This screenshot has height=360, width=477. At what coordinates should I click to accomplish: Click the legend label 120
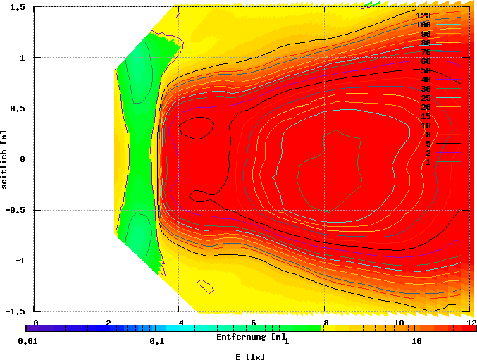tap(423, 15)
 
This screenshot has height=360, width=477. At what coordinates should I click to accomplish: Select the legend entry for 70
tap(426, 52)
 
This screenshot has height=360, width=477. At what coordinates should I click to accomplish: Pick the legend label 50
tap(426, 70)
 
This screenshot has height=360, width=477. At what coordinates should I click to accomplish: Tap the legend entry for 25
tap(426, 98)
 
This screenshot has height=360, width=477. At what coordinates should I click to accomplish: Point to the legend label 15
tap(426, 116)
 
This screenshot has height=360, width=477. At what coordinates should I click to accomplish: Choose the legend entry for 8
tap(428, 135)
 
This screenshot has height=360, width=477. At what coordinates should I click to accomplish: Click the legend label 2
tap(428, 153)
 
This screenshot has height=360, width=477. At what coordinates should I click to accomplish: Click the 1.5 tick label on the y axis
tap(18, 7)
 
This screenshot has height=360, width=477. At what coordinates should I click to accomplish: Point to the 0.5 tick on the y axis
tap(18, 108)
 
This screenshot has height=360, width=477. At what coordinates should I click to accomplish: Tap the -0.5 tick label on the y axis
tap(16, 210)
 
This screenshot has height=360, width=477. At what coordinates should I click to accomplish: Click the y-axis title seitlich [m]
tap(5, 159)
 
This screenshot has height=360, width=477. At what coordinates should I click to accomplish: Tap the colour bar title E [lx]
tap(250, 356)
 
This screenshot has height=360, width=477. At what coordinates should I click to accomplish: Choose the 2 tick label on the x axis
tap(108, 323)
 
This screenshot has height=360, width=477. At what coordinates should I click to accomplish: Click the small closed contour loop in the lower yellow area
tap(205, 285)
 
